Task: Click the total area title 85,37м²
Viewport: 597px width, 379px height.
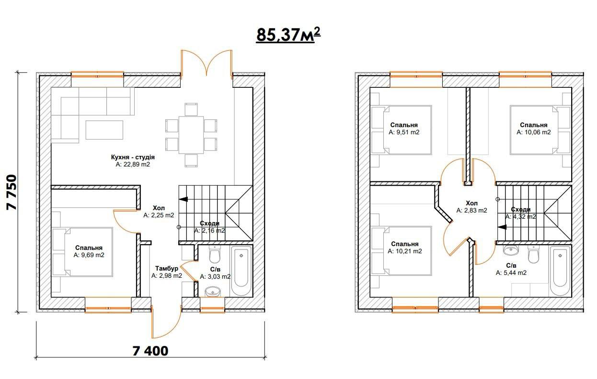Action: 288,35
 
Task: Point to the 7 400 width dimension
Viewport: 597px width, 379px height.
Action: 150,351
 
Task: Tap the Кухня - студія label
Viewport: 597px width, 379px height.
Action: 133,157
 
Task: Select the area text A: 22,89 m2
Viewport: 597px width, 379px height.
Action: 133,165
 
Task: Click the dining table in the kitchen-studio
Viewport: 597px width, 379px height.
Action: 191,135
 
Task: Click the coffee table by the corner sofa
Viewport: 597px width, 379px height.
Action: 104,130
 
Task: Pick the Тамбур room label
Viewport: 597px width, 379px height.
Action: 167,268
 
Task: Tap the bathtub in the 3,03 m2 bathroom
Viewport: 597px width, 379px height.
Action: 241,271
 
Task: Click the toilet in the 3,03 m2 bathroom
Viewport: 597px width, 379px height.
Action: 215,254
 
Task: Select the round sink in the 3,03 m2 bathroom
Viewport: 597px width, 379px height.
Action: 213,292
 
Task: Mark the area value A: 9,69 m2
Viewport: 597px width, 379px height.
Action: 89,255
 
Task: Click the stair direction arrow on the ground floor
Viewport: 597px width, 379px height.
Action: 184,200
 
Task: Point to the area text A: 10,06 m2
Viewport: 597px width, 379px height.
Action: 534,132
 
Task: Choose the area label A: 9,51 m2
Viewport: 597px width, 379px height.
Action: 404,132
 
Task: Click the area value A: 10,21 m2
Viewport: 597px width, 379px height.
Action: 405,251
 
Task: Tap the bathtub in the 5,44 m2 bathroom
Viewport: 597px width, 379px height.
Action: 560,271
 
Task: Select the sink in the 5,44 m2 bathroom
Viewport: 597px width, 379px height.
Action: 511,250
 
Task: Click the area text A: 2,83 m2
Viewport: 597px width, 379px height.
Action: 472,210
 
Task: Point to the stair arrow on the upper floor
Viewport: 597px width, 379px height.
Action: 502,227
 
